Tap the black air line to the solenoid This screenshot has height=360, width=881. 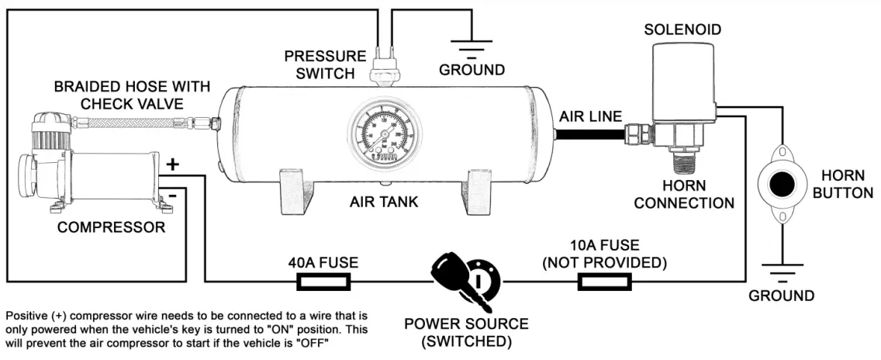coord(590,134)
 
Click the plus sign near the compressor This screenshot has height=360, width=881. coord(173,164)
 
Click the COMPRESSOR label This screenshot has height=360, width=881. coord(111,227)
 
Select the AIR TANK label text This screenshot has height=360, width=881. coord(383,202)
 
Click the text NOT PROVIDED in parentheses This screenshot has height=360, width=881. coord(604,262)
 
